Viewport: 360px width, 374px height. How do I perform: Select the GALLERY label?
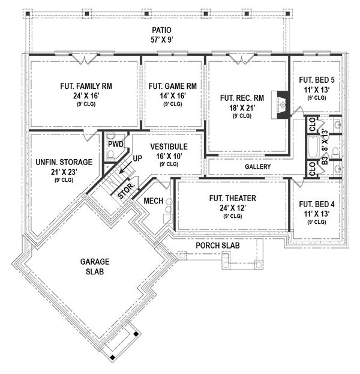coord(257,166)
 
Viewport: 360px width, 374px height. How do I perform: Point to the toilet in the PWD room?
coord(110,155)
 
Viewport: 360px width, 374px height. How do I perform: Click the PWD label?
coord(116,144)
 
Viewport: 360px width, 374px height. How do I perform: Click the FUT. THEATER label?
coord(230,198)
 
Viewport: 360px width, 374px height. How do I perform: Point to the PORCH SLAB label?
coord(220,246)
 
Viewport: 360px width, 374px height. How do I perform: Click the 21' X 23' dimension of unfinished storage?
coord(64,172)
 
